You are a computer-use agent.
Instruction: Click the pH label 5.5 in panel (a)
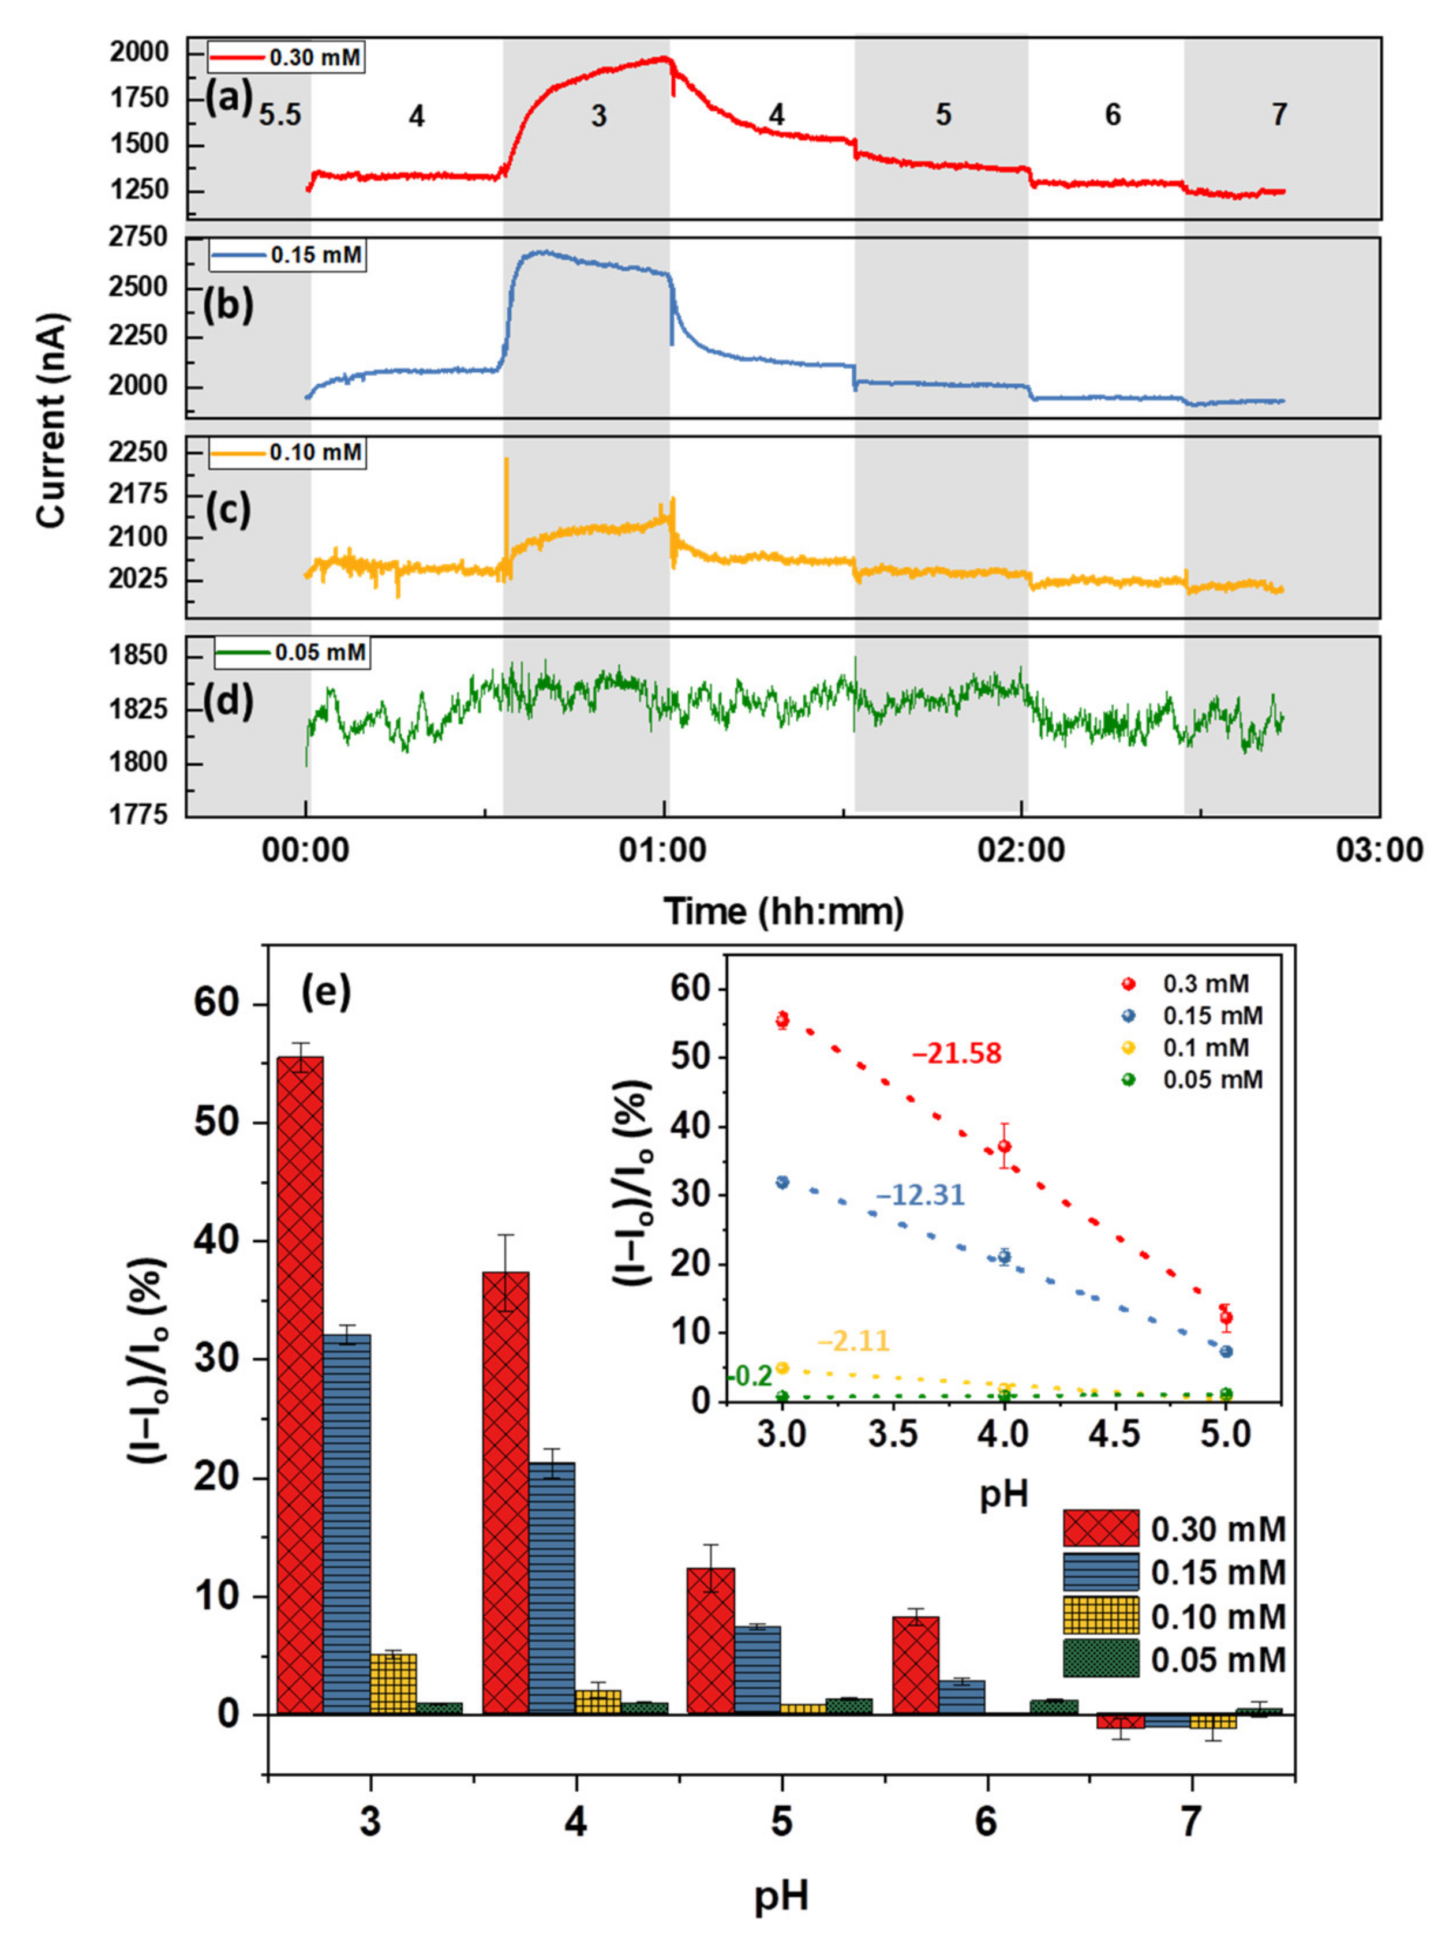tap(280, 115)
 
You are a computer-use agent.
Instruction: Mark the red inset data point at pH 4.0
tap(1004, 1147)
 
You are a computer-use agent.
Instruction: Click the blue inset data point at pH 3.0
tap(782, 1182)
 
